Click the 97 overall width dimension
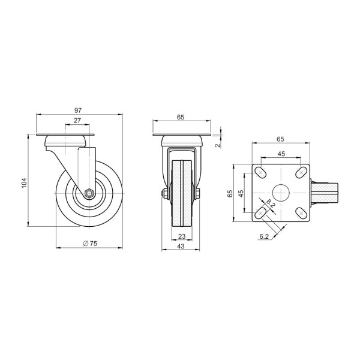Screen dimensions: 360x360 pyautogui.click(x=78, y=110)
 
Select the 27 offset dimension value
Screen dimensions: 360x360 pyautogui.click(x=77, y=121)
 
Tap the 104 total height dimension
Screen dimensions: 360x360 pyautogui.click(x=25, y=183)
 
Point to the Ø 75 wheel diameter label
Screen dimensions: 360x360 pyautogui.click(x=90, y=244)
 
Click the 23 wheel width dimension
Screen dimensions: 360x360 pyautogui.click(x=182, y=236)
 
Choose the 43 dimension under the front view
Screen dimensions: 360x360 pyautogui.click(x=181, y=246)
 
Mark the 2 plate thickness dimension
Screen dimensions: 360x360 pyautogui.click(x=218, y=145)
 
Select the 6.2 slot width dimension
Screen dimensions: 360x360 pyautogui.click(x=264, y=236)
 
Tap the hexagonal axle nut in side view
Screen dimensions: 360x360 pyautogui.click(x=88, y=193)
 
